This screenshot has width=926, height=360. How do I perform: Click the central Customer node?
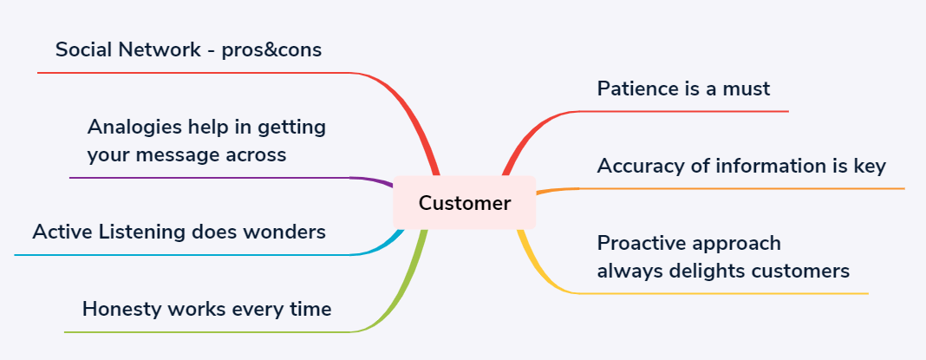[465, 203]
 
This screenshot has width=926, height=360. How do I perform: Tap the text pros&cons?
[271, 50]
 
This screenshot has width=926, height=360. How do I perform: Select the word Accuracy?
[638, 166]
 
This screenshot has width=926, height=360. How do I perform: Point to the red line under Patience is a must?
[685, 111]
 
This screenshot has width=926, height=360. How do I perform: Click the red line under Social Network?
[191, 73]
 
